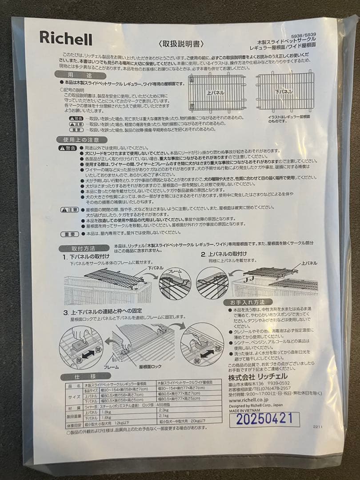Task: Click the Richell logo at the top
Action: (66, 38)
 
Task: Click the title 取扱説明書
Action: (181, 44)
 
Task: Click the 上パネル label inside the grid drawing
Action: (216, 93)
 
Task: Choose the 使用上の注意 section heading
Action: (81, 140)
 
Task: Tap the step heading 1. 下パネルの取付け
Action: (87, 257)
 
